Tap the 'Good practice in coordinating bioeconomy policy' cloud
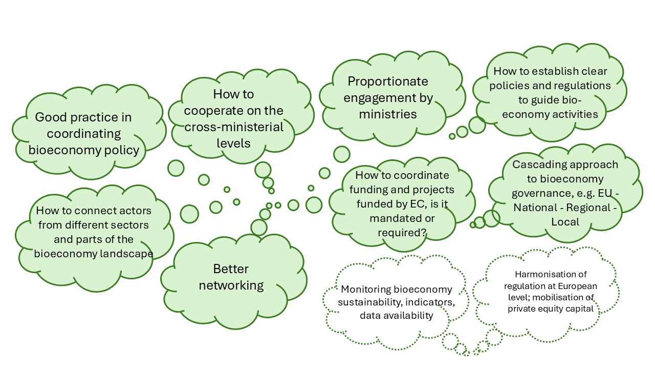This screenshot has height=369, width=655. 83,134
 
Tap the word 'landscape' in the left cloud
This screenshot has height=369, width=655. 128,253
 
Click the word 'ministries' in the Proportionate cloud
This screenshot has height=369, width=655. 387,114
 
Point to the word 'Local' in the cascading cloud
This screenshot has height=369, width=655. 565,222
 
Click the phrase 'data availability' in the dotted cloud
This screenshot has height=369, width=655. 396,316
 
